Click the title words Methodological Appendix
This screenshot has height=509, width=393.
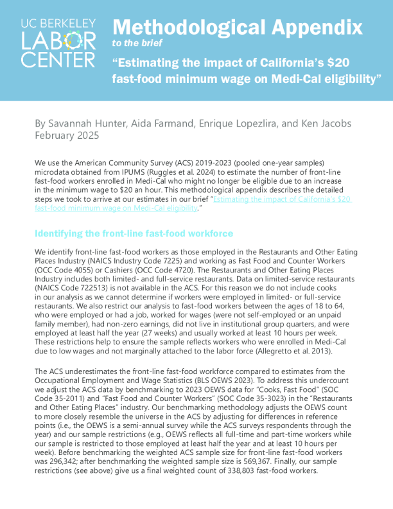pyautogui.click(x=237, y=27)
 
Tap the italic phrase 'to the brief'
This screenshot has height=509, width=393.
pyautogui.click(x=137, y=43)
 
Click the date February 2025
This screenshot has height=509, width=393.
pyautogui.click(x=67, y=136)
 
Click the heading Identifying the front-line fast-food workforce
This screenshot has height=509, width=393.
pyautogui.click(x=134, y=233)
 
